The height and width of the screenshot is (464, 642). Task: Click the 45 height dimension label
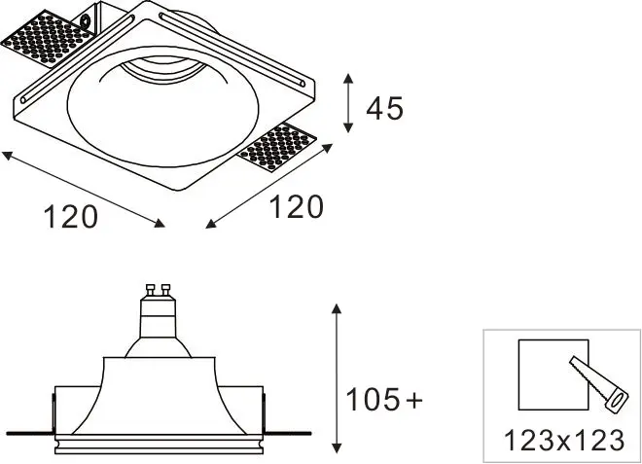pyautogui.click(x=384, y=108)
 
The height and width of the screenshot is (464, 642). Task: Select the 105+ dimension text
pyautogui.click(x=385, y=399)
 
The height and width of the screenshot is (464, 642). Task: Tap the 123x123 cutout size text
pyautogui.click(x=564, y=441)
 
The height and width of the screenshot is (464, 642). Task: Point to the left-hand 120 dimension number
pyautogui.click(x=70, y=216)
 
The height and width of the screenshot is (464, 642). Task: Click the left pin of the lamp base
pyautogui.click(x=150, y=289)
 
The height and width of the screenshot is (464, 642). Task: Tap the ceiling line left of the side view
pyautogui.click(x=27, y=430)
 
